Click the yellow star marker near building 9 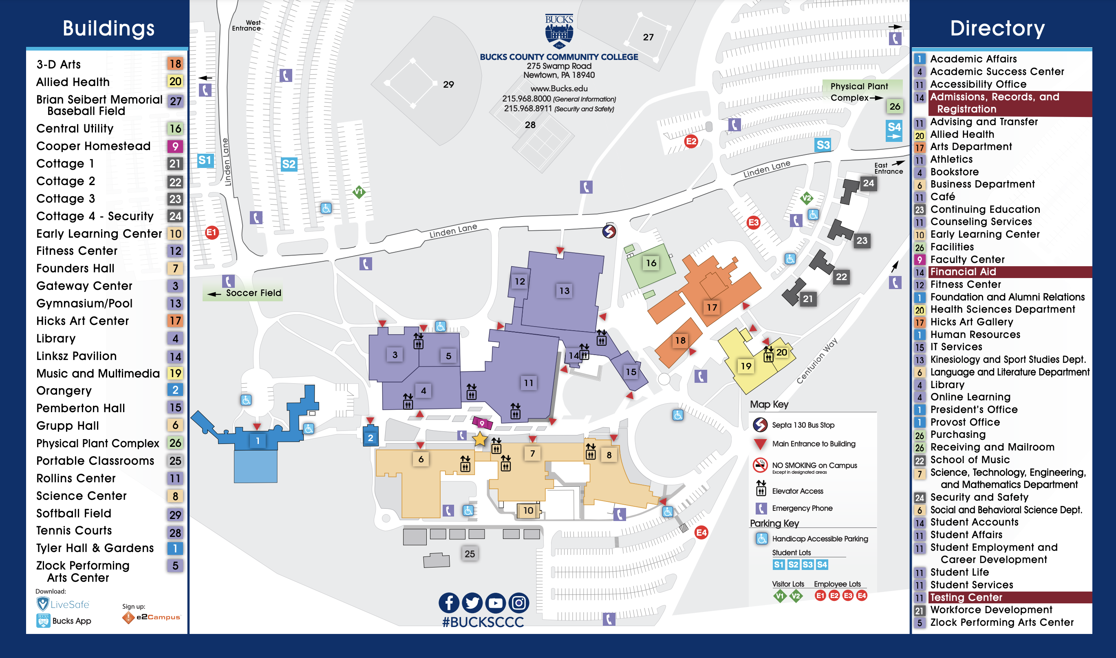(x=480, y=439)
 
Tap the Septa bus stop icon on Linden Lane (x=609, y=231)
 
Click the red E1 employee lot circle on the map (x=212, y=232)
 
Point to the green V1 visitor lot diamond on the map (x=359, y=192)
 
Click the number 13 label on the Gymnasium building (x=564, y=291)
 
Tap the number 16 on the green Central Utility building (x=651, y=263)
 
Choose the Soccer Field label (x=253, y=293)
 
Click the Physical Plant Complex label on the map (x=858, y=92)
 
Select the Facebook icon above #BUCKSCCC (x=449, y=603)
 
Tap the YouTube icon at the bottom (x=496, y=603)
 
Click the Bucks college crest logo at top (x=559, y=31)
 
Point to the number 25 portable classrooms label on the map (x=470, y=554)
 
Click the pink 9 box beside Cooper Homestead (x=175, y=146)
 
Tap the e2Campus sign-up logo (x=152, y=617)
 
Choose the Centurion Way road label (x=816, y=361)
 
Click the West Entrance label (x=247, y=25)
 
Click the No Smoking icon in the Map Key (x=760, y=465)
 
